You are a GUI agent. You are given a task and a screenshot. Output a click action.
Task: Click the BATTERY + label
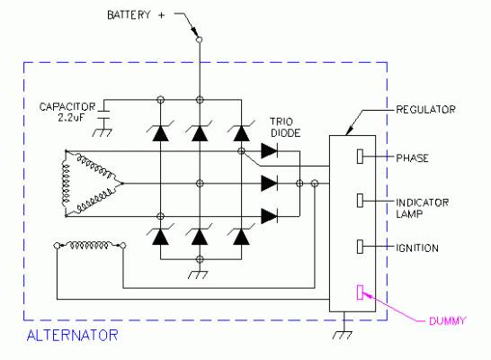pyautogui.click(x=136, y=14)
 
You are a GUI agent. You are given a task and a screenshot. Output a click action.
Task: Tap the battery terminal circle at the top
pyautogui.click(x=199, y=40)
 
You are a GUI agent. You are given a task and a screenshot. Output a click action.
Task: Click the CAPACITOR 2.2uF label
pyautogui.click(x=67, y=112)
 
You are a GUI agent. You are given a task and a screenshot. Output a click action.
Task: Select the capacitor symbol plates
pyautogui.click(x=103, y=114)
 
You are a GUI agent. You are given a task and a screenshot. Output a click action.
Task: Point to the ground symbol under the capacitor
pyautogui.click(x=103, y=132)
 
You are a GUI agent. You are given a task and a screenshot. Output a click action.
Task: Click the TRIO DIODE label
pyautogui.click(x=285, y=127)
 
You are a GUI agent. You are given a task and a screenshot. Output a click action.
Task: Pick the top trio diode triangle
pyautogui.click(x=269, y=151)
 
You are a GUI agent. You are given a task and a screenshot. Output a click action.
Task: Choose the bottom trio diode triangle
pyautogui.click(x=269, y=216)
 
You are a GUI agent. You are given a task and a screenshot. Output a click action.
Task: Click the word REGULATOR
pyautogui.click(x=425, y=109)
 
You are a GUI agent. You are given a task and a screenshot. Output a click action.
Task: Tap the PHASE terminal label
pyautogui.click(x=412, y=157)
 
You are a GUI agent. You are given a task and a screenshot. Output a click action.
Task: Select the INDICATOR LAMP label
pyautogui.click(x=422, y=208)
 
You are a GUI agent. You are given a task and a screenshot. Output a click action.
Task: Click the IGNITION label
pyautogui.click(x=417, y=248)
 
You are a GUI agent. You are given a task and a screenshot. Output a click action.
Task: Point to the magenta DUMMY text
pyautogui.click(x=447, y=321)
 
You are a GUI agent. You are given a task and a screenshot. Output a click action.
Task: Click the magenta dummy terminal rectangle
pyautogui.click(x=360, y=292)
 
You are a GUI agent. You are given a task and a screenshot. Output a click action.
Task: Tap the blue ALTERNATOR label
pyautogui.click(x=72, y=336)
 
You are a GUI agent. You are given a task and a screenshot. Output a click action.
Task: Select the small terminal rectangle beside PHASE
pyautogui.click(x=360, y=156)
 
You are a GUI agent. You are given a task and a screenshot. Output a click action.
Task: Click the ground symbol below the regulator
pyautogui.click(x=343, y=335)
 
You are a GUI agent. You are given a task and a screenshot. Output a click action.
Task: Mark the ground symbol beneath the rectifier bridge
pyautogui.click(x=198, y=274)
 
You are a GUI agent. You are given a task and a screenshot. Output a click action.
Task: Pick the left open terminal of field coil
pyautogui.click(x=57, y=246)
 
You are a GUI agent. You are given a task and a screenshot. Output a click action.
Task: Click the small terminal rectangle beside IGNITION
pyautogui.click(x=360, y=247)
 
